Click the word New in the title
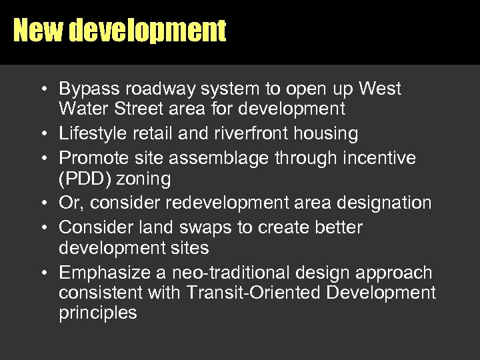(x=37, y=30)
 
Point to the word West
(x=380, y=89)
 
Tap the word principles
(x=98, y=313)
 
